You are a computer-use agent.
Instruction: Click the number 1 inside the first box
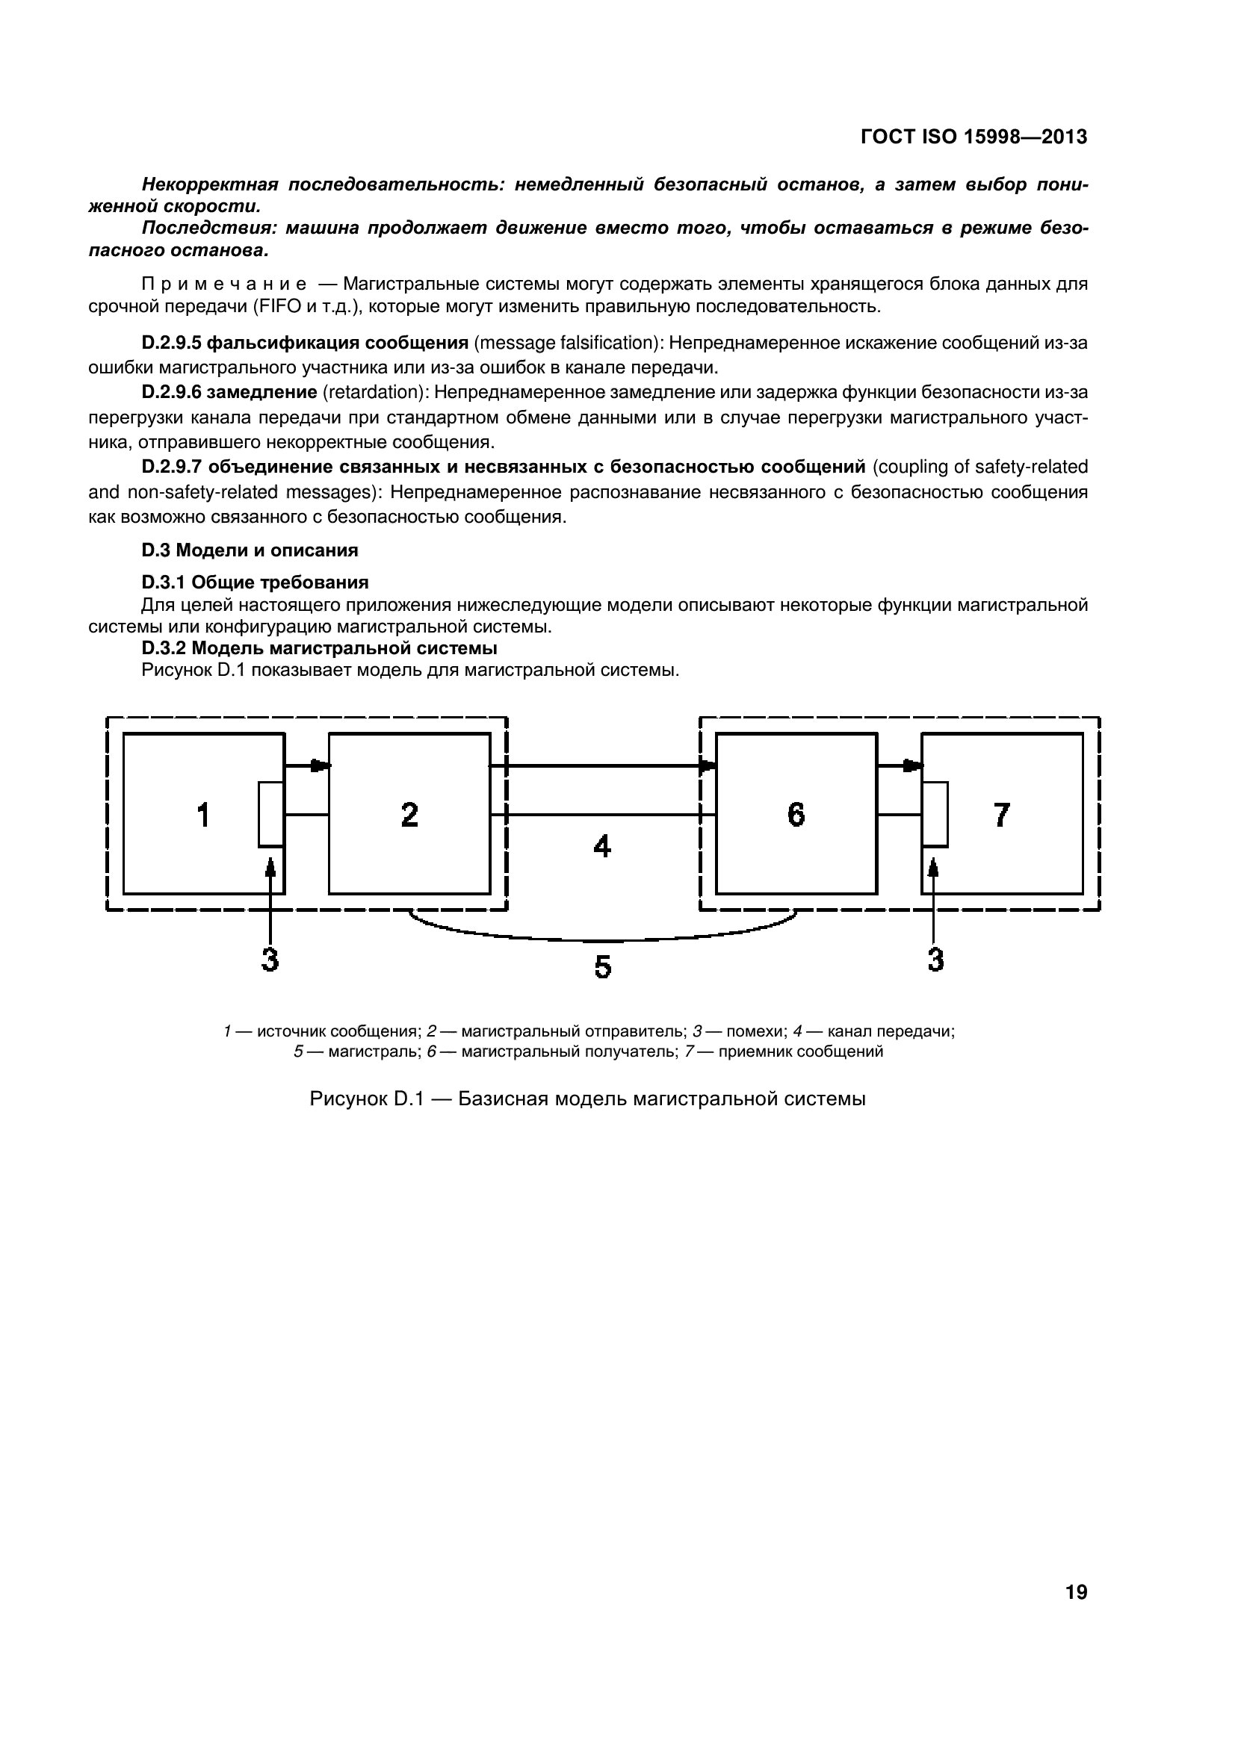pos(202,815)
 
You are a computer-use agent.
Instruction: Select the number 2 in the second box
pos(409,815)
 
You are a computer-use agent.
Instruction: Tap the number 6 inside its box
pos(796,815)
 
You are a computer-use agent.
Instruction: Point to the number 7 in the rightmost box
pos(1002,815)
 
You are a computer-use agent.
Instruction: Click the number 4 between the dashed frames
pos(602,846)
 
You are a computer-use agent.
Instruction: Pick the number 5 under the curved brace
pos(602,967)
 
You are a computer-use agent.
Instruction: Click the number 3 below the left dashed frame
pos(270,960)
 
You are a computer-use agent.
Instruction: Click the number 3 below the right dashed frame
pos(935,960)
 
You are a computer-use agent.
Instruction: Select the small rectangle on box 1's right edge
pos(271,814)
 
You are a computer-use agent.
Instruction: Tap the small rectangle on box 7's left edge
pos(935,814)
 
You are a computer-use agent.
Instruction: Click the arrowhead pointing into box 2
pos(321,765)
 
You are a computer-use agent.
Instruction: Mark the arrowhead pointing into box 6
pos(708,765)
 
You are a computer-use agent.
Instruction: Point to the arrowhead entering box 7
pos(913,765)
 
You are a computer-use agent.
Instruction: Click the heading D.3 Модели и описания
pos(250,550)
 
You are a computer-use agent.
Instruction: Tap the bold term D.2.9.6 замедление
pos(229,392)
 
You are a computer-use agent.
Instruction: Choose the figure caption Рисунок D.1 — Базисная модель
pos(586,1099)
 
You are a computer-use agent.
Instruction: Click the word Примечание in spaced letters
pos(224,285)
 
